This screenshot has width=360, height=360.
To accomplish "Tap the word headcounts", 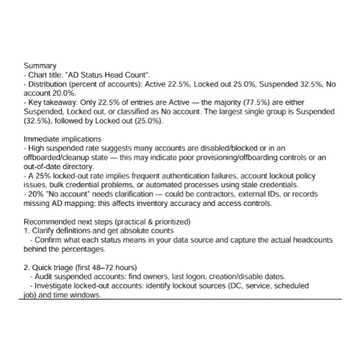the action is point(303,241).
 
